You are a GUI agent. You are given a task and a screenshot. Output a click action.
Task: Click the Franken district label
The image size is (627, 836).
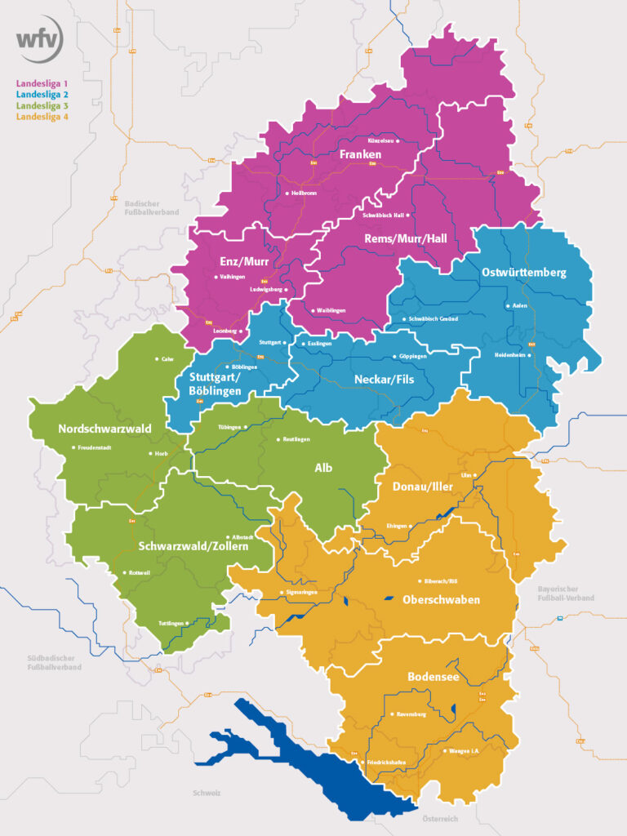click(x=360, y=153)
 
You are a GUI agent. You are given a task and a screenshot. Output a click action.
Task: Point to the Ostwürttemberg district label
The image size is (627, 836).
click(x=523, y=273)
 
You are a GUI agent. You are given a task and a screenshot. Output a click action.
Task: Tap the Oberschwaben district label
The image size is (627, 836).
click(x=441, y=599)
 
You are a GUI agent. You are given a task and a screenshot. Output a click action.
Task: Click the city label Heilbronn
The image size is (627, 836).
click(x=304, y=193)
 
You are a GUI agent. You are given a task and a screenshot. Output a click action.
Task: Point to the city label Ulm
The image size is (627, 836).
click(x=467, y=474)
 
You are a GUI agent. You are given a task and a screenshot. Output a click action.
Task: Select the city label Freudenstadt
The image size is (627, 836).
click(x=96, y=447)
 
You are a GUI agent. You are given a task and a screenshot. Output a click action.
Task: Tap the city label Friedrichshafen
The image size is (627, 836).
click(x=386, y=763)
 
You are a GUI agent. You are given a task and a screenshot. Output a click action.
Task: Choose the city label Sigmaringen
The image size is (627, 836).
click(x=300, y=592)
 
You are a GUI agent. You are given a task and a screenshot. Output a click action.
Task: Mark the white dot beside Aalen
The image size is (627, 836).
click(x=508, y=306)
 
